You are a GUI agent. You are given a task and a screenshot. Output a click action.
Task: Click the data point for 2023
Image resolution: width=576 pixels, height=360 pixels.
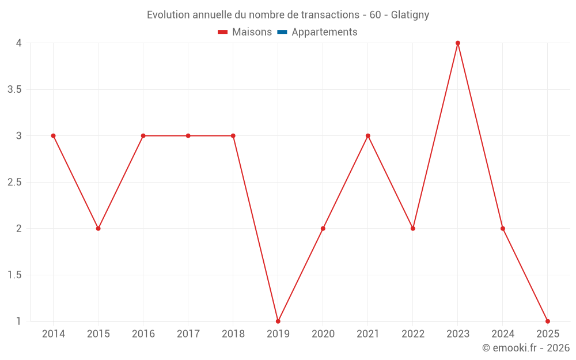(458, 43)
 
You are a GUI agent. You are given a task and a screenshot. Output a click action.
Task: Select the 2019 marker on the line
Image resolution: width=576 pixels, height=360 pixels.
(278, 321)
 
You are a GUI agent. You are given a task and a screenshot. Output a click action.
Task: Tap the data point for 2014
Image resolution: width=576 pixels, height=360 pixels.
(53, 136)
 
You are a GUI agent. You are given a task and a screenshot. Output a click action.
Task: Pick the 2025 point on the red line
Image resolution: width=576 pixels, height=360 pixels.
(548, 321)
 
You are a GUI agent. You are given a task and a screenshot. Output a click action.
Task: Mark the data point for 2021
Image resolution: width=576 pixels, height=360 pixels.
(368, 136)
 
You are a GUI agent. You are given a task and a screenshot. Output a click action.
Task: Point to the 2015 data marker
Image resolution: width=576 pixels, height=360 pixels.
(98, 229)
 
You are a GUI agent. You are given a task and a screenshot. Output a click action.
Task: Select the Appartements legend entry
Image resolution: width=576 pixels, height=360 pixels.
(324, 32)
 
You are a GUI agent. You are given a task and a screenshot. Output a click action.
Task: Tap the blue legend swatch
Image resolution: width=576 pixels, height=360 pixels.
(282, 32)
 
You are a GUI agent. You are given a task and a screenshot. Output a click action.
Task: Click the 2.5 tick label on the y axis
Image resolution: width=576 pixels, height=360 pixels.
(14, 183)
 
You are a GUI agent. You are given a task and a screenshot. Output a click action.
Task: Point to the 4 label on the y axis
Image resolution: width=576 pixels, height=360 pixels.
(19, 43)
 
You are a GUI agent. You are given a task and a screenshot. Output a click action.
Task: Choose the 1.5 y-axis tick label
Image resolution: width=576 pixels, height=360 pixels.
(14, 275)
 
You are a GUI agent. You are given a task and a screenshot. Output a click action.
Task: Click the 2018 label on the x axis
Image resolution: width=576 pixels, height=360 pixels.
(233, 334)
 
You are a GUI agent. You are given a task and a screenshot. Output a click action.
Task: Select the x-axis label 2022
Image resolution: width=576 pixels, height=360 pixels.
(413, 334)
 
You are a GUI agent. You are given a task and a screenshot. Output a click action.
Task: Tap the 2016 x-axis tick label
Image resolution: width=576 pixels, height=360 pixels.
(143, 334)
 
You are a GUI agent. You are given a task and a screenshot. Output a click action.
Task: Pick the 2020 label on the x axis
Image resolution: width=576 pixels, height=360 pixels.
(323, 334)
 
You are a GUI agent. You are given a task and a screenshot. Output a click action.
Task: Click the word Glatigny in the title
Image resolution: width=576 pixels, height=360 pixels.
(410, 15)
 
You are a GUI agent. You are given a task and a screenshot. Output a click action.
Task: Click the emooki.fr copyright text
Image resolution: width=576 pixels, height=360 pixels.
(526, 348)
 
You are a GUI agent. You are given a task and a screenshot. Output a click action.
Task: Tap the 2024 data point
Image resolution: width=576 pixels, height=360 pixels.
(503, 229)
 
